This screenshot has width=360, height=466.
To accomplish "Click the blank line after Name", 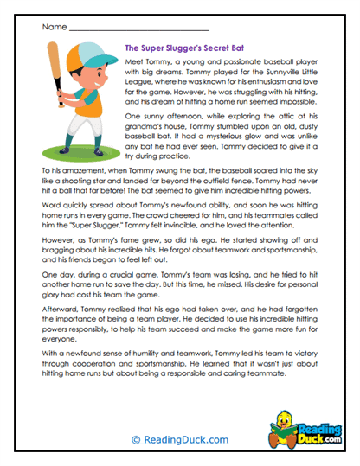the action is tap(138, 29).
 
